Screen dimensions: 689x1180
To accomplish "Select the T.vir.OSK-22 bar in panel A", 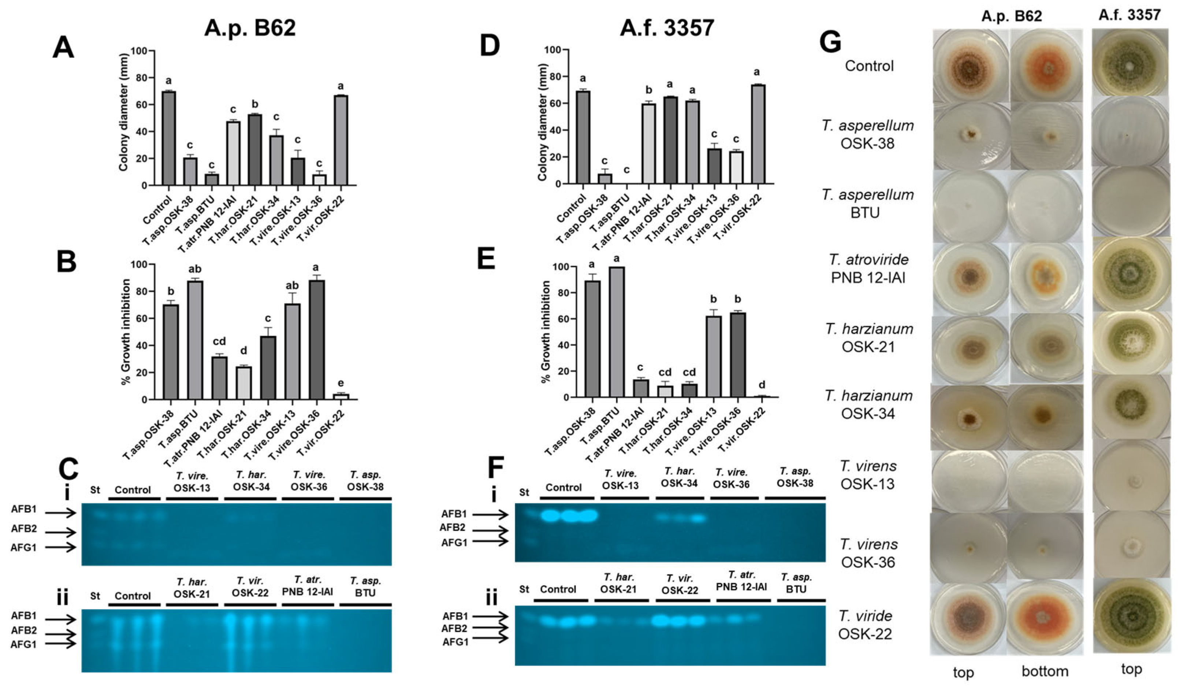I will pyautogui.click(x=340, y=141).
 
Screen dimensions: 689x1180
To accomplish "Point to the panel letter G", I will pyautogui.click(x=830, y=42).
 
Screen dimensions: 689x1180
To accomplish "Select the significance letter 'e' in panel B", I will pyautogui.click(x=340, y=383).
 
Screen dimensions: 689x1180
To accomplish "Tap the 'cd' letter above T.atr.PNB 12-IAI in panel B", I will pyautogui.click(x=219, y=341).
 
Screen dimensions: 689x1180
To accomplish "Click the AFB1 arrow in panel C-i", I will pyautogui.click(x=61, y=513).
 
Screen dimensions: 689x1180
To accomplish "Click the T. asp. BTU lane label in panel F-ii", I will pyautogui.click(x=796, y=583).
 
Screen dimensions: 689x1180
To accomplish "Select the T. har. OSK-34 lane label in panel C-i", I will pyautogui.click(x=251, y=481).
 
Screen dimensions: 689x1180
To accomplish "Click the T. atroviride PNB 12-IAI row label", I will pyautogui.click(x=868, y=268).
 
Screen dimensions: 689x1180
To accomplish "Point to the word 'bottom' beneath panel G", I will pyautogui.click(x=1045, y=671).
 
